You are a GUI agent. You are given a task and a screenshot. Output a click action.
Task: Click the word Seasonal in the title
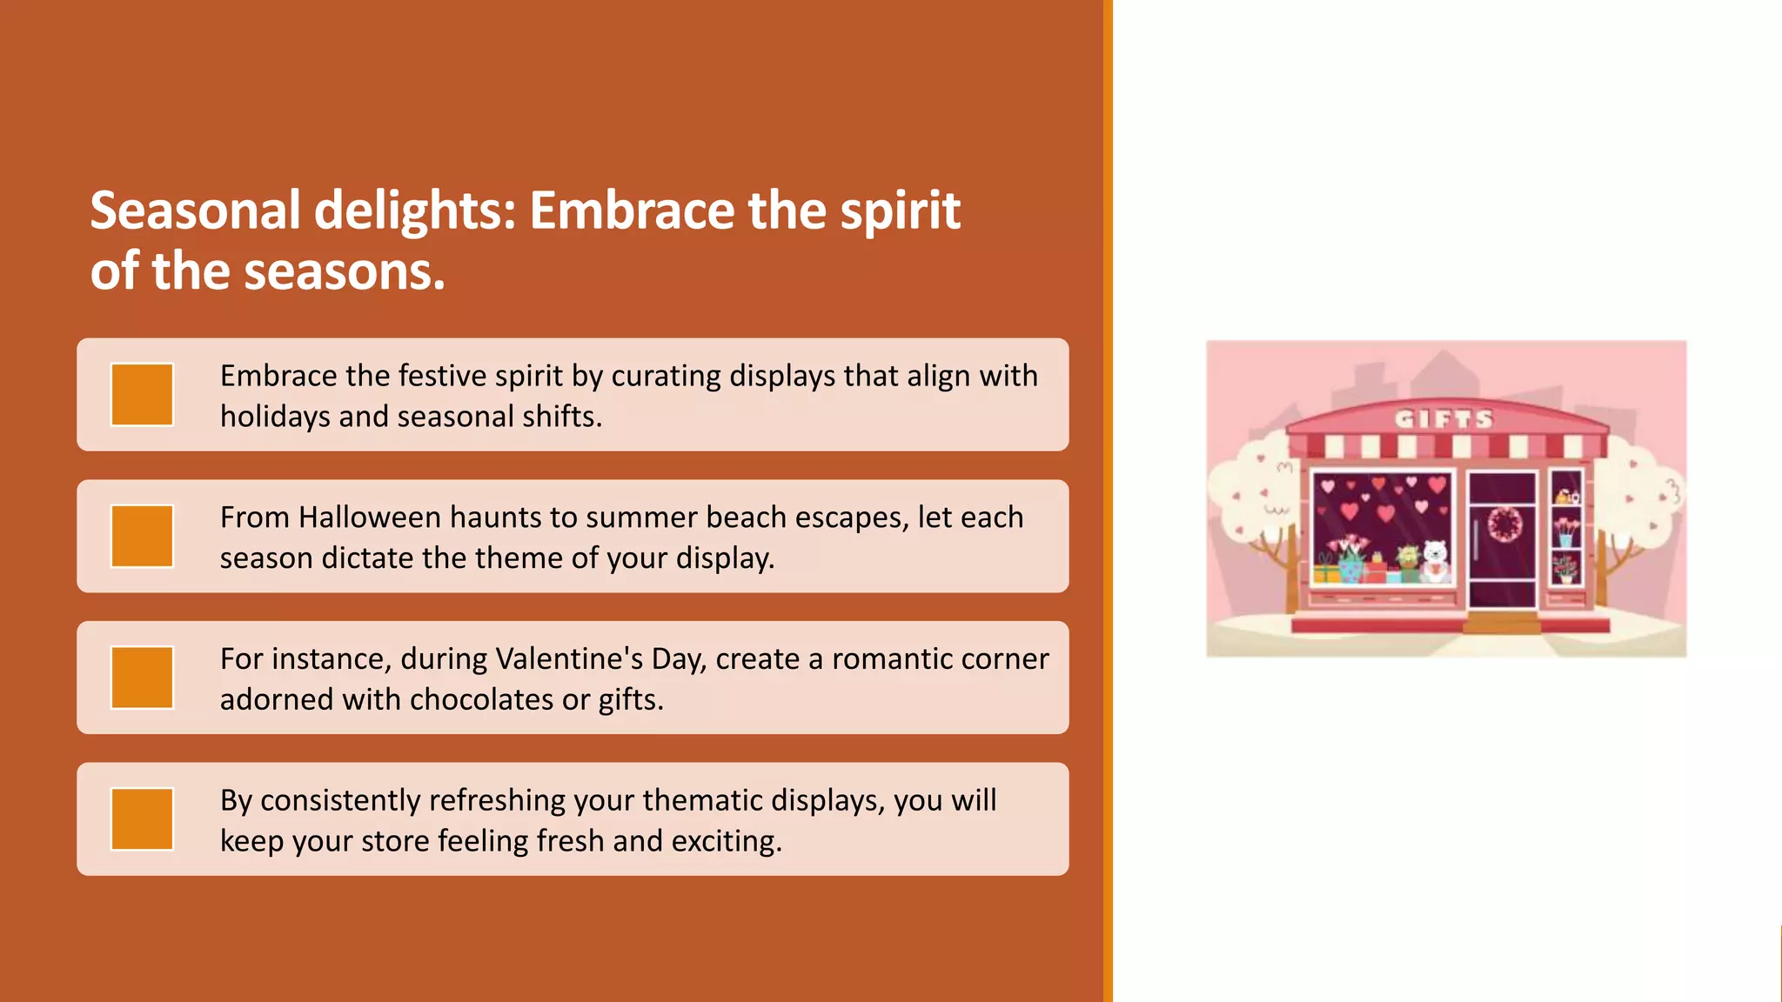(195, 211)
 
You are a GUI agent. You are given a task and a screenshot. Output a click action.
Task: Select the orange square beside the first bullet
(142, 395)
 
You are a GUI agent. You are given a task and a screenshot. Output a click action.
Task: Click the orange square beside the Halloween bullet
(142, 537)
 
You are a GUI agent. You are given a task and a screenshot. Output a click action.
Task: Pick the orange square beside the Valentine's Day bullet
(142, 678)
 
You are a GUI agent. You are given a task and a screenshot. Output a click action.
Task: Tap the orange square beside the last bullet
(142, 819)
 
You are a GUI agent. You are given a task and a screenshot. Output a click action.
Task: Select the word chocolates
(483, 700)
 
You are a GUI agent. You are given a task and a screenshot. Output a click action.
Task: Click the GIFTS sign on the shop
(1444, 419)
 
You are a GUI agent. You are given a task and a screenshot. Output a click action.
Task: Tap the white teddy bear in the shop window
(1434, 562)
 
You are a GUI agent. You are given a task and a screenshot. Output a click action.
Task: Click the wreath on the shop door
(1504, 524)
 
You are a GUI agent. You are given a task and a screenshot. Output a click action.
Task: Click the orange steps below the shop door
(1503, 623)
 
